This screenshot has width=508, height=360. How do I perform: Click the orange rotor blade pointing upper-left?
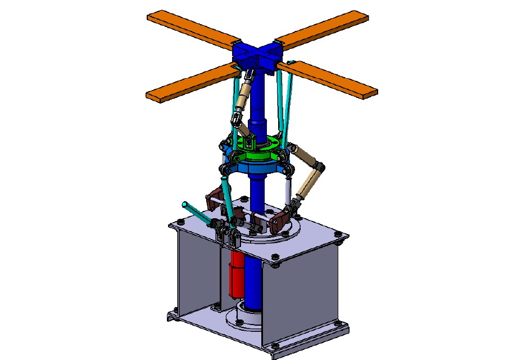pyautogui.click(x=191, y=28)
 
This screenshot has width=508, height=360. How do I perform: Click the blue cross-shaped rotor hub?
pyautogui.click(x=256, y=56)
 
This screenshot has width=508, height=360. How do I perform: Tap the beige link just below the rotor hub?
pyautogui.click(x=243, y=99)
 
